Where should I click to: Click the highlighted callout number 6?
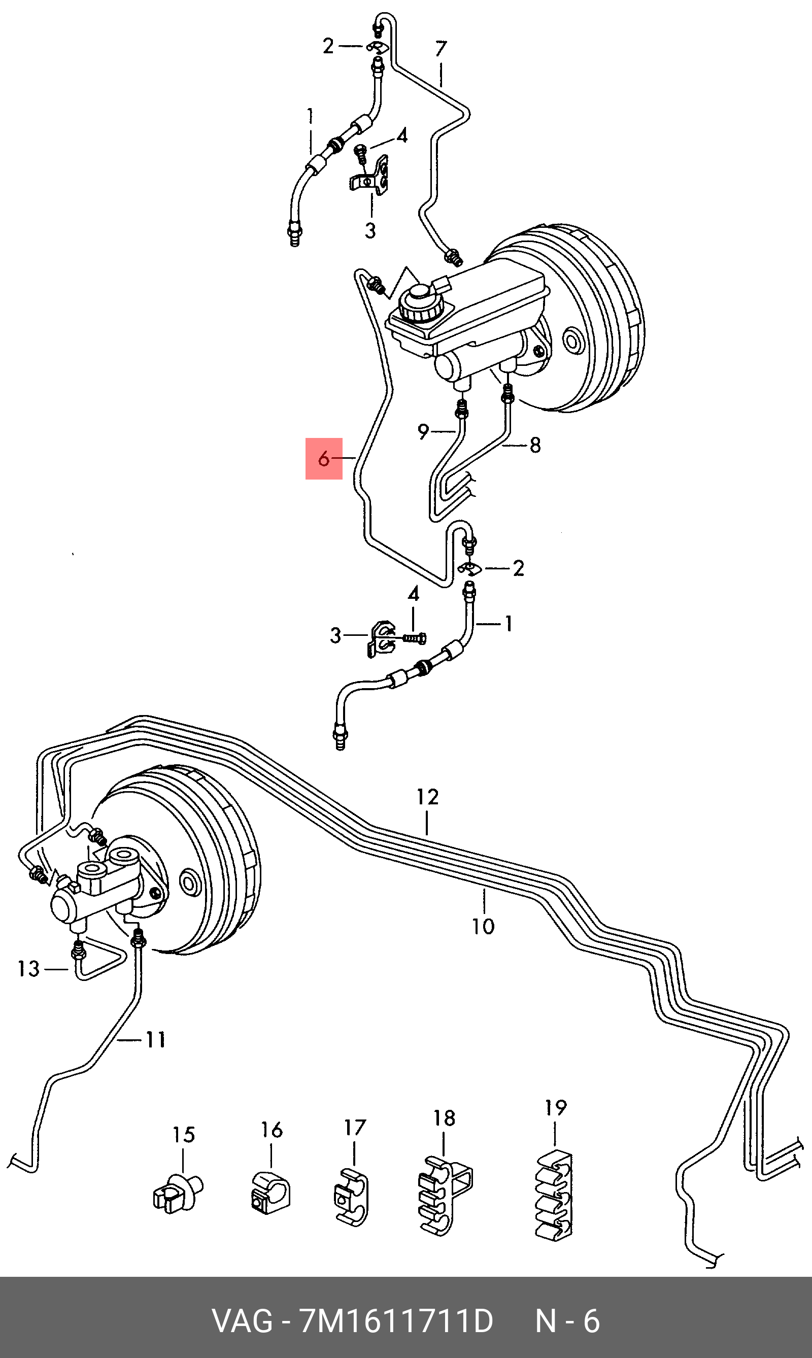tap(324, 459)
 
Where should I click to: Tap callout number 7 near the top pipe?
tap(441, 49)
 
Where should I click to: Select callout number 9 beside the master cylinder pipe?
tap(423, 432)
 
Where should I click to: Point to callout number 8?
tap(534, 445)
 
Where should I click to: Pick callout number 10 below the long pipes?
tap(483, 926)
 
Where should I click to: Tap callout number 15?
tap(184, 1135)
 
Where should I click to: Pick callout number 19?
tap(555, 1108)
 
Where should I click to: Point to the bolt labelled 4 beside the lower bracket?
tap(415, 638)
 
